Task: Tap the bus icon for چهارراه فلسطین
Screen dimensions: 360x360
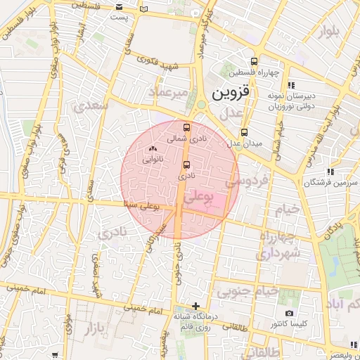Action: coord(254,60)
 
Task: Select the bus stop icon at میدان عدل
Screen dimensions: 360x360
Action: coord(244,132)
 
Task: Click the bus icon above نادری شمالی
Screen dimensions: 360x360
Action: coord(186,127)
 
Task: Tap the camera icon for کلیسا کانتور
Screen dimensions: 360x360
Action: coord(289,312)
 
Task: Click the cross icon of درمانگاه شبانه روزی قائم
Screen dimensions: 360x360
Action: coord(196,306)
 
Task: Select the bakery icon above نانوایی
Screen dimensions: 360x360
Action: coord(153,148)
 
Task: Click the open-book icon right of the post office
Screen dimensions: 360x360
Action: coord(144,9)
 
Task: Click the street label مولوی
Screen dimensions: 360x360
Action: coord(68,324)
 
